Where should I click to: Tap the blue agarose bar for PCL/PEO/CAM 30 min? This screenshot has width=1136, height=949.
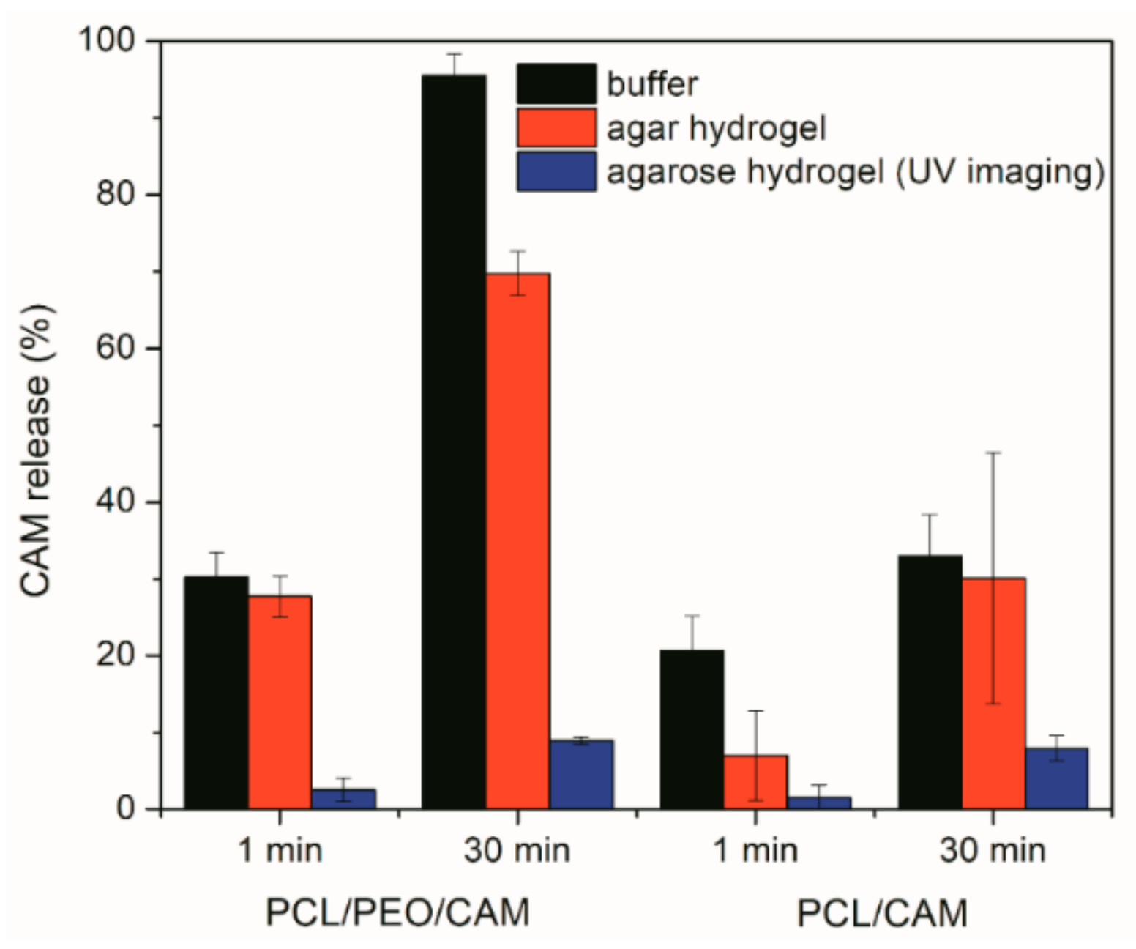(581, 774)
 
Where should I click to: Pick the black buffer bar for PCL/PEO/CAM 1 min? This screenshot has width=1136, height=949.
(216, 692)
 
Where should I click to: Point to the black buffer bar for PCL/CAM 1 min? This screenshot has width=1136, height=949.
(692, 729)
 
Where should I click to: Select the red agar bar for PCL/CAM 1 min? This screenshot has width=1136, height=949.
(755, 781)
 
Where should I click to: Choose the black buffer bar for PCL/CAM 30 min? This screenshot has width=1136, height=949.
(930, 682)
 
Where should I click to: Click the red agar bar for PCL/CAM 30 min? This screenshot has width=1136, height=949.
(993, 693)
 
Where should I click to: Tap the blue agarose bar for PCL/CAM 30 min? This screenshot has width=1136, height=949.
(1056, 778)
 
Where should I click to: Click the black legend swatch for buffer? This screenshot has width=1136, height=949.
(556, 83)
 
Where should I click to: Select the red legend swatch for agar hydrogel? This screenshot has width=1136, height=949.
(556, 127)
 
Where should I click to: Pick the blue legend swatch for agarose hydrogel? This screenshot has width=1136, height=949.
(556, 171)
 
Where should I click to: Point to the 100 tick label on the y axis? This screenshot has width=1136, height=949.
(108, 40)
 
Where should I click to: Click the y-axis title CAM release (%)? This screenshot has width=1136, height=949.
(35, 451)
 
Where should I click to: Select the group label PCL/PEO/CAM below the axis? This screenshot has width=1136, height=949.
(397, 913)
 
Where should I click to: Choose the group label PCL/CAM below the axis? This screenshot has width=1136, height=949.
(882, 913)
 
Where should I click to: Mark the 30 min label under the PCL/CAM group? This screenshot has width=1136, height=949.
(993, 850)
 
